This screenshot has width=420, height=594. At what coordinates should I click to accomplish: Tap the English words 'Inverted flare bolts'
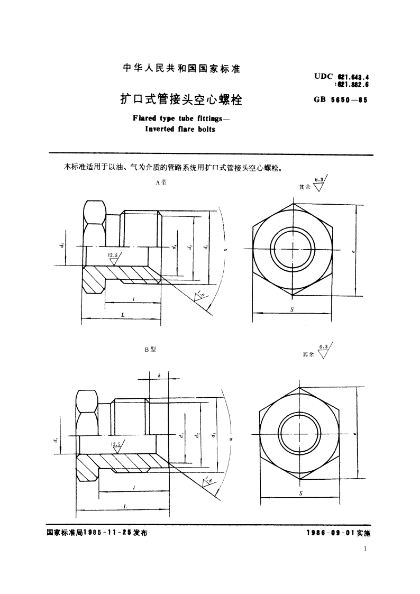174,129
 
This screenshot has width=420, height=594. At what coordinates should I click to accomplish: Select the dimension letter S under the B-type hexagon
300,493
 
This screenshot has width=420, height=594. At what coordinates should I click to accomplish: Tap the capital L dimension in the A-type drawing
122,315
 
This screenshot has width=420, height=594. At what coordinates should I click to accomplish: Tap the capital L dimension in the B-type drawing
125,506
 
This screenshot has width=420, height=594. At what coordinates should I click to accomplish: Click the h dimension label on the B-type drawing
159,375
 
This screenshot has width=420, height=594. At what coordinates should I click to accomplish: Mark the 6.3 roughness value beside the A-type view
319,180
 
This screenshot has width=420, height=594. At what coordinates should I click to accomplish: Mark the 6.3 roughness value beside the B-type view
323,346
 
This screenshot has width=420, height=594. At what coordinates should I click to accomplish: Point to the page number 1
366,549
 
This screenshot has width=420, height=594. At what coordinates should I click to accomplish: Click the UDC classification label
323,76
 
